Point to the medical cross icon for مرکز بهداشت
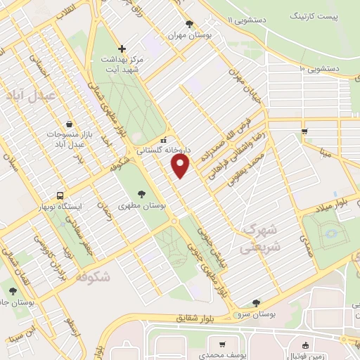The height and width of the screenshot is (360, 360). [122, 49]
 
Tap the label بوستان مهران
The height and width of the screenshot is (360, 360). [187, 34]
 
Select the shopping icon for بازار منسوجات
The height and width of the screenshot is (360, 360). [68, 123]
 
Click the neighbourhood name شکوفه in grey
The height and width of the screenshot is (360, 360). [92, 276]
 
